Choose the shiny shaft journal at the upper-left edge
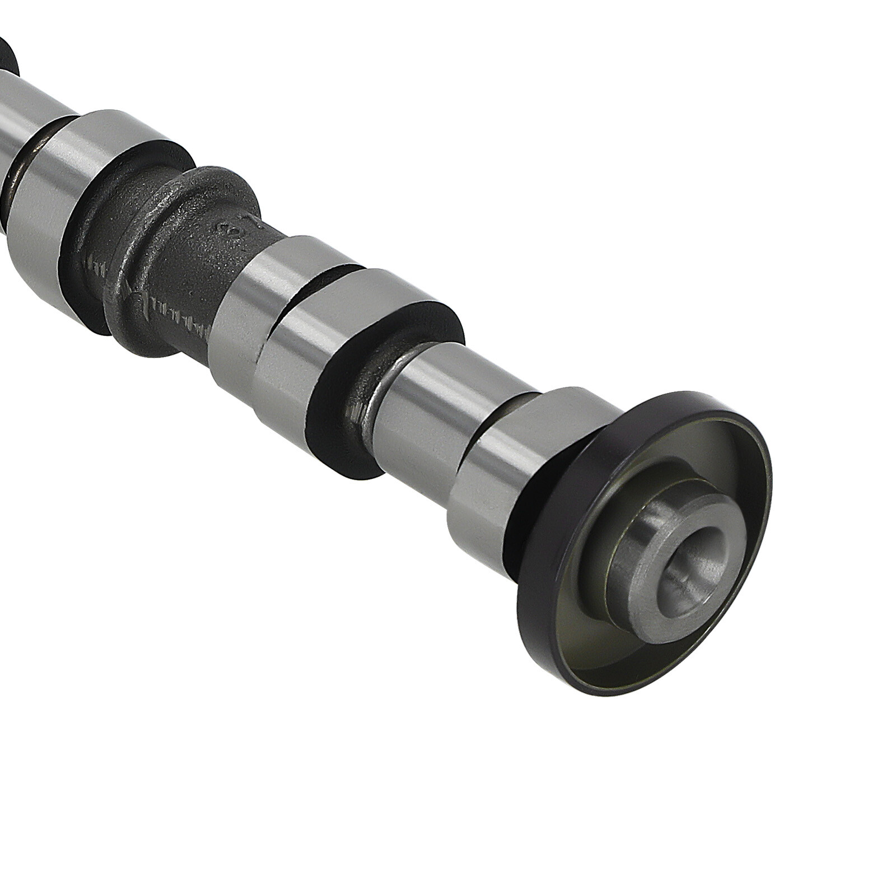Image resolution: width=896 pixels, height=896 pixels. click(34, 112)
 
